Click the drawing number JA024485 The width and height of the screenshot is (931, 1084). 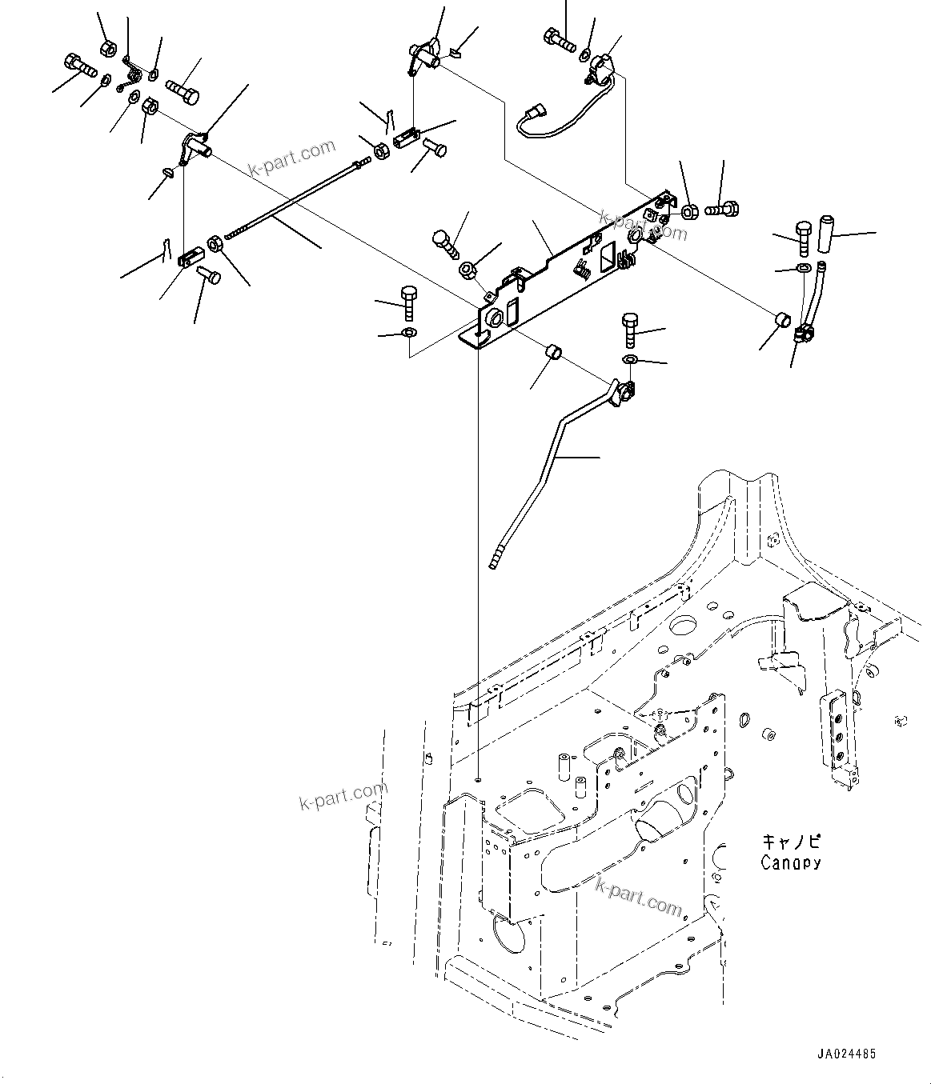(x=847, y=1054)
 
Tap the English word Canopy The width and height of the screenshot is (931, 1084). (x=790, y=862)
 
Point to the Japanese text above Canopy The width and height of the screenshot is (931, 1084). (x=790, y=842)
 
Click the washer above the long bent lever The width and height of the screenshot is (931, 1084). (x=629, y=361)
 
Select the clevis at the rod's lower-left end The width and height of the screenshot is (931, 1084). (x=189, y=258)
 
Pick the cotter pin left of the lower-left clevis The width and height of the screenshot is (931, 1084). (x=163, y=250)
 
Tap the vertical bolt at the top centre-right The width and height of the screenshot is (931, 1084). (x=558, y=39)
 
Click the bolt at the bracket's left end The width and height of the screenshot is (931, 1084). (x=407, y=302)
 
